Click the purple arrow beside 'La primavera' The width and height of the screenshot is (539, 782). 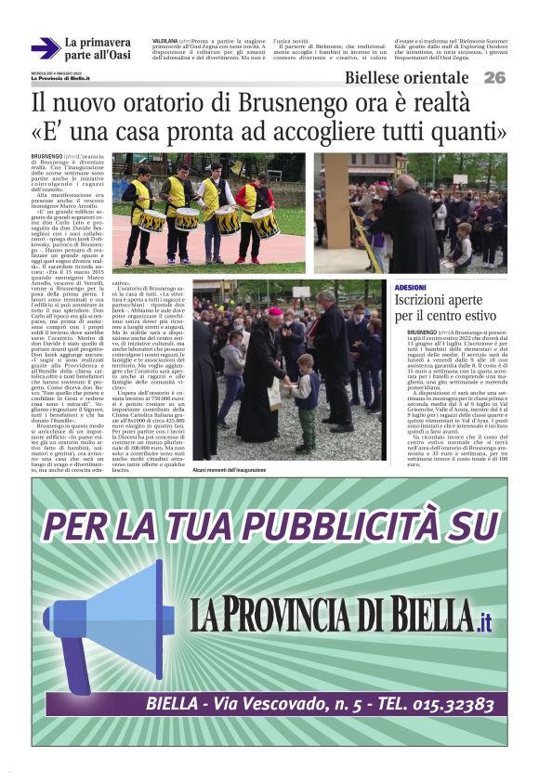[45, 48]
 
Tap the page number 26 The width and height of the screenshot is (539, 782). [493, 78]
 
